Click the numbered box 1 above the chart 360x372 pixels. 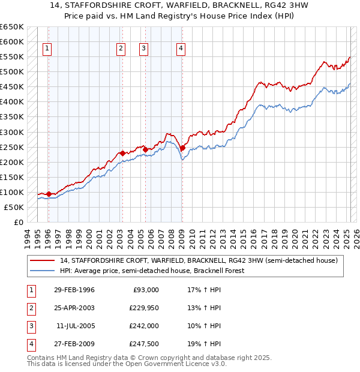click(47, 49)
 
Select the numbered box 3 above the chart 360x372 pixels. click(144, 49)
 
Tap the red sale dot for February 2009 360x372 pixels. click(182, 148)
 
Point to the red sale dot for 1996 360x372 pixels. click(49, 194)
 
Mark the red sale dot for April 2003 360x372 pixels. click(122, 153)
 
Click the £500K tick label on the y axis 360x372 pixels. click(12, 72)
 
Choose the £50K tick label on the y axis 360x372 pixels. click(14, 207)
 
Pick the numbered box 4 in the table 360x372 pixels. click(29, 344)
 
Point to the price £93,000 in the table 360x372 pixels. click(146, 290)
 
